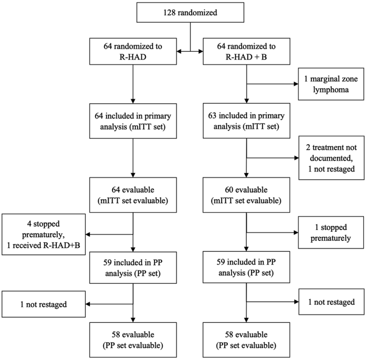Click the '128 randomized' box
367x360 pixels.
tap(190, 12)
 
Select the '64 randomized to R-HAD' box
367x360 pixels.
tap(133, 51)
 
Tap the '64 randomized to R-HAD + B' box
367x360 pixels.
tap(246, 51)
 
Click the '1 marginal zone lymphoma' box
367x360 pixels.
tap(331, 84)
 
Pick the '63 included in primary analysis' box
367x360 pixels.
tap(246, 121)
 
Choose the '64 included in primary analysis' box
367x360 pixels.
tap(133, 121)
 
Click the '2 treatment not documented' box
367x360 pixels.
tap(331, 158)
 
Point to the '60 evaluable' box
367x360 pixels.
tap(246, 195)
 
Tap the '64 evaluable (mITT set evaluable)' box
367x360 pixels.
tap(133, 195)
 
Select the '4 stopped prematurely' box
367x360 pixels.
tap(43, 234)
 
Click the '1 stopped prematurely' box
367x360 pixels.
tap(331, 233)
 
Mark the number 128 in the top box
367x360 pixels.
tap(169, 12)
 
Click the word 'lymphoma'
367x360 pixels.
tap(331, 90)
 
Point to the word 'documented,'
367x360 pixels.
tap(331, 158)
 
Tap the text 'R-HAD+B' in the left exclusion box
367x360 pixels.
tap(62, 245)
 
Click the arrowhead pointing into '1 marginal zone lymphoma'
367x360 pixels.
tap(296, 84)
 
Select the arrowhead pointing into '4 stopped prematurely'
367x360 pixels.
tap(88, 234)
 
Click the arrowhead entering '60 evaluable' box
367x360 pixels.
tap(246, 175)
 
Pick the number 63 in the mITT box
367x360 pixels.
tap(212, 116)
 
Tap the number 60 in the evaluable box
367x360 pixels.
tap(229, 190)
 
